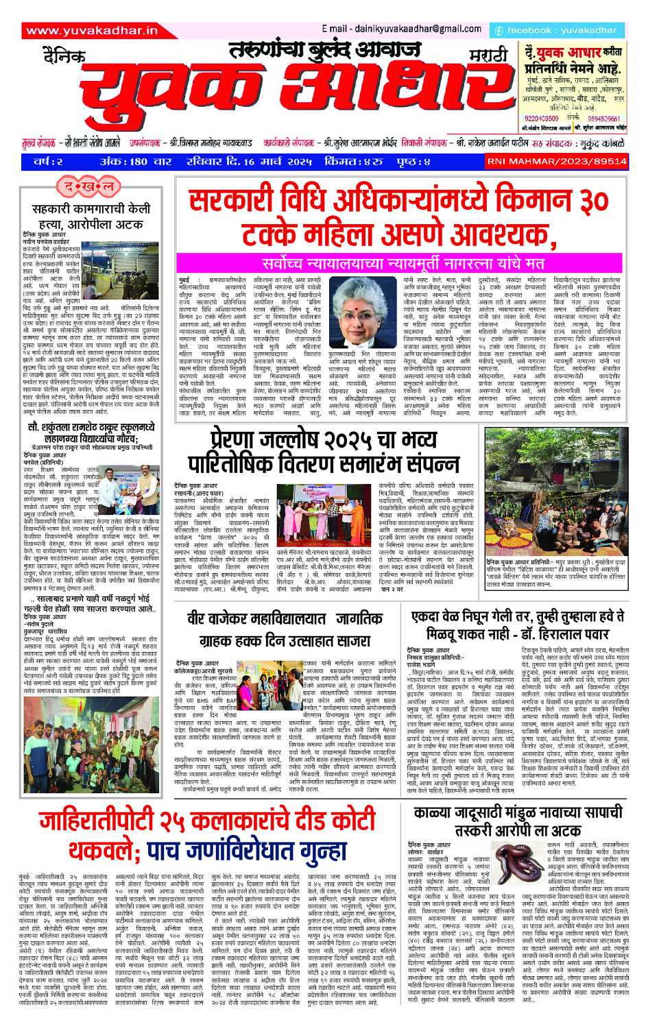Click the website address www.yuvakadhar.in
pos(92,30)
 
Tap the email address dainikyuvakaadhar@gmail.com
pos(401,29)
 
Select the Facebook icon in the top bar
pos(499,31)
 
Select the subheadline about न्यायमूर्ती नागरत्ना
pos(403,263)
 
